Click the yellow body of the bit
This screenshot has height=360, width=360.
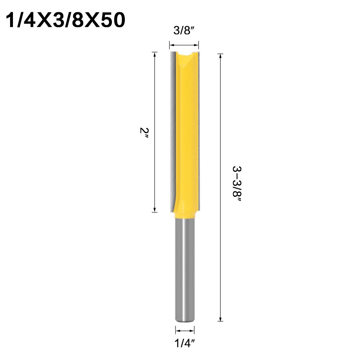187,133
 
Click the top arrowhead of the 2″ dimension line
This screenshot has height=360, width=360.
155,54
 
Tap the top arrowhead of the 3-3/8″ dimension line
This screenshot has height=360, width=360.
220,56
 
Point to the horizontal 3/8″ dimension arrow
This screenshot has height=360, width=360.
184,45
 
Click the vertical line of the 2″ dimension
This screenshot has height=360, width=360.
155,108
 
